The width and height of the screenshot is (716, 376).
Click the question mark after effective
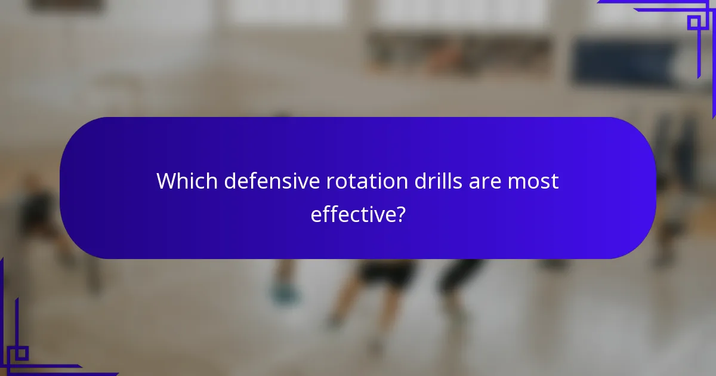click(x=401, y=214)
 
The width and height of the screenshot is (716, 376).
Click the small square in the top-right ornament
click(x=694, y=23)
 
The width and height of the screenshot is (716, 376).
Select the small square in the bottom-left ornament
click(x=21, y=353)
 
